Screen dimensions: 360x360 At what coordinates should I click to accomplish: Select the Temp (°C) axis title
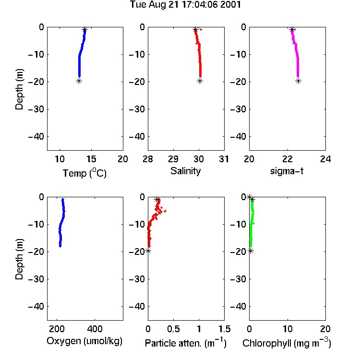84,173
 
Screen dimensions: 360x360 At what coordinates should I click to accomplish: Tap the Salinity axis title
185,171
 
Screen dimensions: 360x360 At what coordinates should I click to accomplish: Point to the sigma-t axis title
287,171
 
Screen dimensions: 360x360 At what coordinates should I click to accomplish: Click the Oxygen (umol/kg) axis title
84,341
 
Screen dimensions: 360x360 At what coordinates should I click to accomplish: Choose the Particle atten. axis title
186,343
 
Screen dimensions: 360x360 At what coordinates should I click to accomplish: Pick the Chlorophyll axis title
287,343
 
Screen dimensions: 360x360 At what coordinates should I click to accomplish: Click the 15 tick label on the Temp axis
91,159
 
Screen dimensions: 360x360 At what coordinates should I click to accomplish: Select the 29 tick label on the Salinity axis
173,159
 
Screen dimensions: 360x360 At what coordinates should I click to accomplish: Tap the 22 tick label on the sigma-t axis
288,159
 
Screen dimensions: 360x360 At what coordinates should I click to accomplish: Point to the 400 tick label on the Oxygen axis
95,329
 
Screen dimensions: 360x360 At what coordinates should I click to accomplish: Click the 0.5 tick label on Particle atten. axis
173,329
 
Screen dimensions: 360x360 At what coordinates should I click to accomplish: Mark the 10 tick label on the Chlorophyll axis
288,329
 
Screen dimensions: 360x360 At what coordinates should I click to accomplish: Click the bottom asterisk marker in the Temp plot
79,81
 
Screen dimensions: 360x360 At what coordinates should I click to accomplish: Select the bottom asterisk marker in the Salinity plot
200,81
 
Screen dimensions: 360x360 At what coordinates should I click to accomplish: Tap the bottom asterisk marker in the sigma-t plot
298,81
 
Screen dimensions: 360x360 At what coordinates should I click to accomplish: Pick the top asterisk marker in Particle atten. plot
157,200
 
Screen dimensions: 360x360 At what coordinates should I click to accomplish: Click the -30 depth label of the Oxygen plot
36,279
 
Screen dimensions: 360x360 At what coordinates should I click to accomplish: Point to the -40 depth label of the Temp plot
36,137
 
